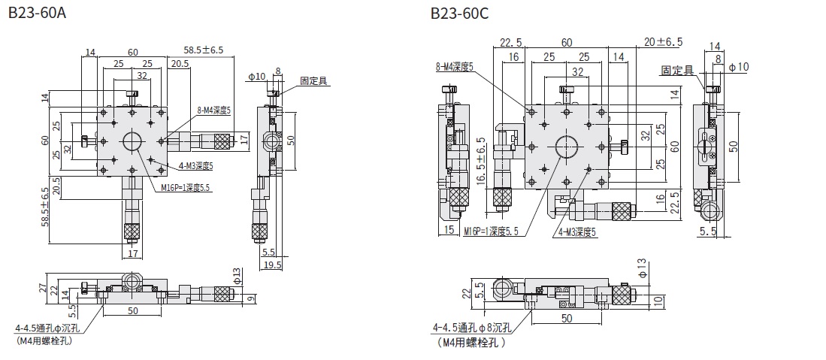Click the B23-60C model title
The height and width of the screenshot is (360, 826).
(x=458, y=13)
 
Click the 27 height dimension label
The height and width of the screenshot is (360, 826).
(x=42, y=289)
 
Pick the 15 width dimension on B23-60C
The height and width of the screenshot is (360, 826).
(x=449, y=230)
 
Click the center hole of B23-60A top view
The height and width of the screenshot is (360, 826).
(x=132, y=140)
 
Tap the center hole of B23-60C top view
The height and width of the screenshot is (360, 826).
(x=567, y=147)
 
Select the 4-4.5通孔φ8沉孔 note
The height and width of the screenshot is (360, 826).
(x=472, y=327)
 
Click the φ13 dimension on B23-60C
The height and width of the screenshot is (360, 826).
(x=641, y=266)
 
